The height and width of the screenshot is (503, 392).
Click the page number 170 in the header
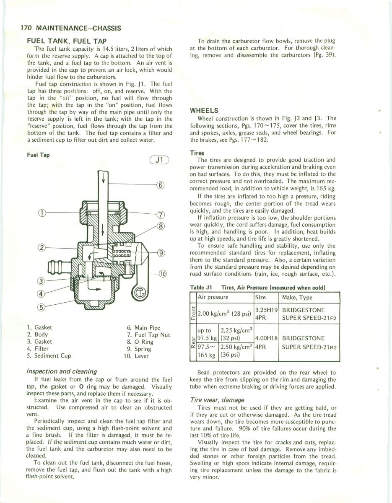pos(26,29)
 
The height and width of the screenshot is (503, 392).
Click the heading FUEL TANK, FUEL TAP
pos(67,41)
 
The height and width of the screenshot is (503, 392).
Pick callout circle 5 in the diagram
pos(41,306)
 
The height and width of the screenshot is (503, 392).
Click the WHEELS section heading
pos(204,111)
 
